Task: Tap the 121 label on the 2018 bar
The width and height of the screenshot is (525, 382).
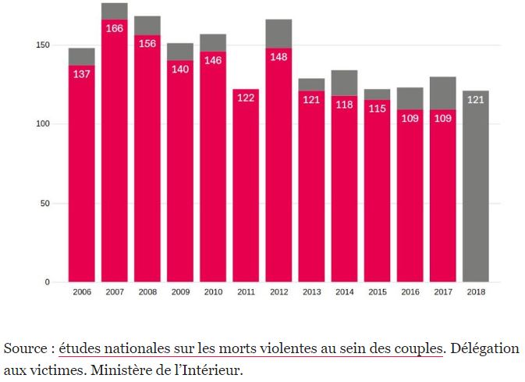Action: (x=475, y=100)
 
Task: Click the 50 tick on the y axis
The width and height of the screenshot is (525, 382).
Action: (x=44, y=203)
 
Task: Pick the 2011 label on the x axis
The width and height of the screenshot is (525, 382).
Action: (x=246, y=292)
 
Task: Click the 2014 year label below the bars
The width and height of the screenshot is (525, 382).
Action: (x=344, y=292)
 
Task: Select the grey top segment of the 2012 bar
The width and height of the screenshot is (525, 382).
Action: (x=278, y=34)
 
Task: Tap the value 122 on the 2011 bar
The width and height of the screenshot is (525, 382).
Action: (x=246, y=98)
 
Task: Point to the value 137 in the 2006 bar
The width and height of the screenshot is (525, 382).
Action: (x=81, y=74)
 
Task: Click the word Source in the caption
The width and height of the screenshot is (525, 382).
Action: (x=26, y=348)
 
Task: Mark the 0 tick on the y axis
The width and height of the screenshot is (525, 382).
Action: (x=47, y=282)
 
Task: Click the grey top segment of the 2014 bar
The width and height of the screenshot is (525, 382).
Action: (x=344, y=83)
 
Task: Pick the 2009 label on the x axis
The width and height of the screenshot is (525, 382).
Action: (x=179, y=292)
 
